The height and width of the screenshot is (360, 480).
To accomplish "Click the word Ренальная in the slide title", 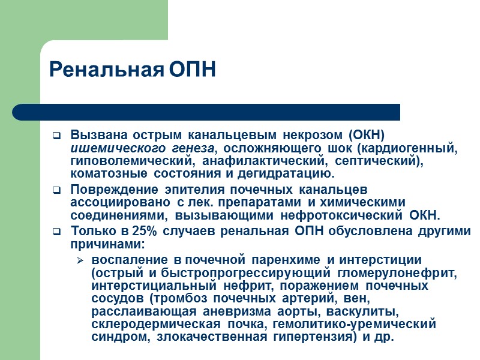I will pyautogui.click(x=106, y=70).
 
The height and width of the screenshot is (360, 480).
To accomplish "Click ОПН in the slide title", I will pyautogui.click(x=191, y=70).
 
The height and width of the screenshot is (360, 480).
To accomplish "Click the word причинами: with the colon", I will pyautogui.click(x=100, y=244).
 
